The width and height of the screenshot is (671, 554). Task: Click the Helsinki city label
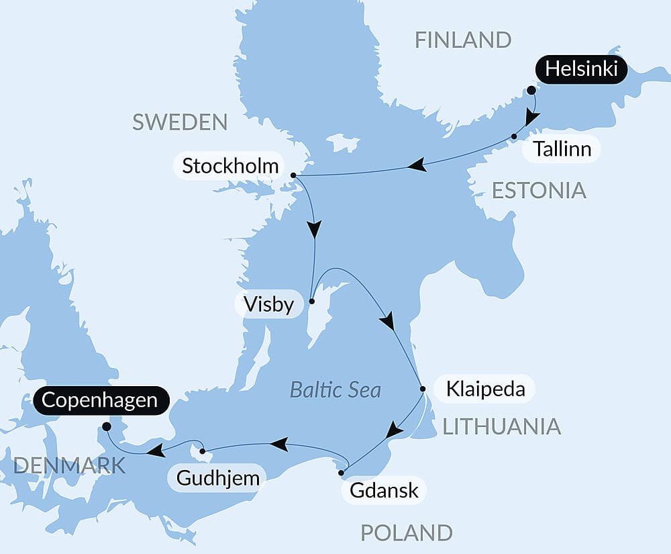[581, 70]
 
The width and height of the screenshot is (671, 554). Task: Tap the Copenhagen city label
[99, 401]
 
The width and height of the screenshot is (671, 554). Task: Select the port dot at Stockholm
[293, 175]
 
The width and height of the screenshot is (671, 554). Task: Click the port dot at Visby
[311, 302]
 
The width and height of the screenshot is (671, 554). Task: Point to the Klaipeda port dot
[422, 388]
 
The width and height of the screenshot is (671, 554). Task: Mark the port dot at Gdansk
[341, 473]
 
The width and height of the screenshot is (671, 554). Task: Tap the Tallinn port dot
[514, 136]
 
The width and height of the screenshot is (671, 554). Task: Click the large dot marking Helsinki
[531, 90]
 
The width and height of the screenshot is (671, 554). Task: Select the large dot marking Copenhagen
[106, 426]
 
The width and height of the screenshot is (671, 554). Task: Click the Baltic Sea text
[335, 389]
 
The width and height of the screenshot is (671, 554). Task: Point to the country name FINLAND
[462, 40]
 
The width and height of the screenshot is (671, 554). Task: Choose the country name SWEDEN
[180, 122]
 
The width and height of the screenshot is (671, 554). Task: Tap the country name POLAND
[406, 533]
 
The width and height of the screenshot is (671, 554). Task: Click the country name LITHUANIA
[500, 426]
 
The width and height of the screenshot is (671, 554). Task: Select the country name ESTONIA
[539, 191]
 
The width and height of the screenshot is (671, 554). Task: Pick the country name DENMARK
[69, 465]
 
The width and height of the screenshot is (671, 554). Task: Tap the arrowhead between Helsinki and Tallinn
[531, 118]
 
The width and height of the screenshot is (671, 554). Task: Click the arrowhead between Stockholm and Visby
[313, 229]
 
